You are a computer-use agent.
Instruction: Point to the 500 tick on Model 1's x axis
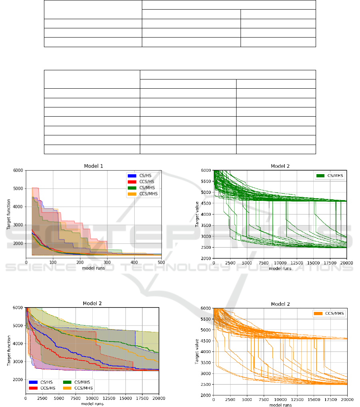tap(161, 262)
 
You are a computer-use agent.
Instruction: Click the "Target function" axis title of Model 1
tap(8, 213)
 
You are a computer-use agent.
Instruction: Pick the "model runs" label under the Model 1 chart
tap(94, 268)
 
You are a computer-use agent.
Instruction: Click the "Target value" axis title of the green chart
tap(197, 214)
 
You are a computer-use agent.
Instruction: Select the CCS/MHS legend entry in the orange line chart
tap(329, 314)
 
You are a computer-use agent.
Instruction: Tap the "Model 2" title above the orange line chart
tap(280, 304)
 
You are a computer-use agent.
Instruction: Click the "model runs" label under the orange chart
tap(280, 405)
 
